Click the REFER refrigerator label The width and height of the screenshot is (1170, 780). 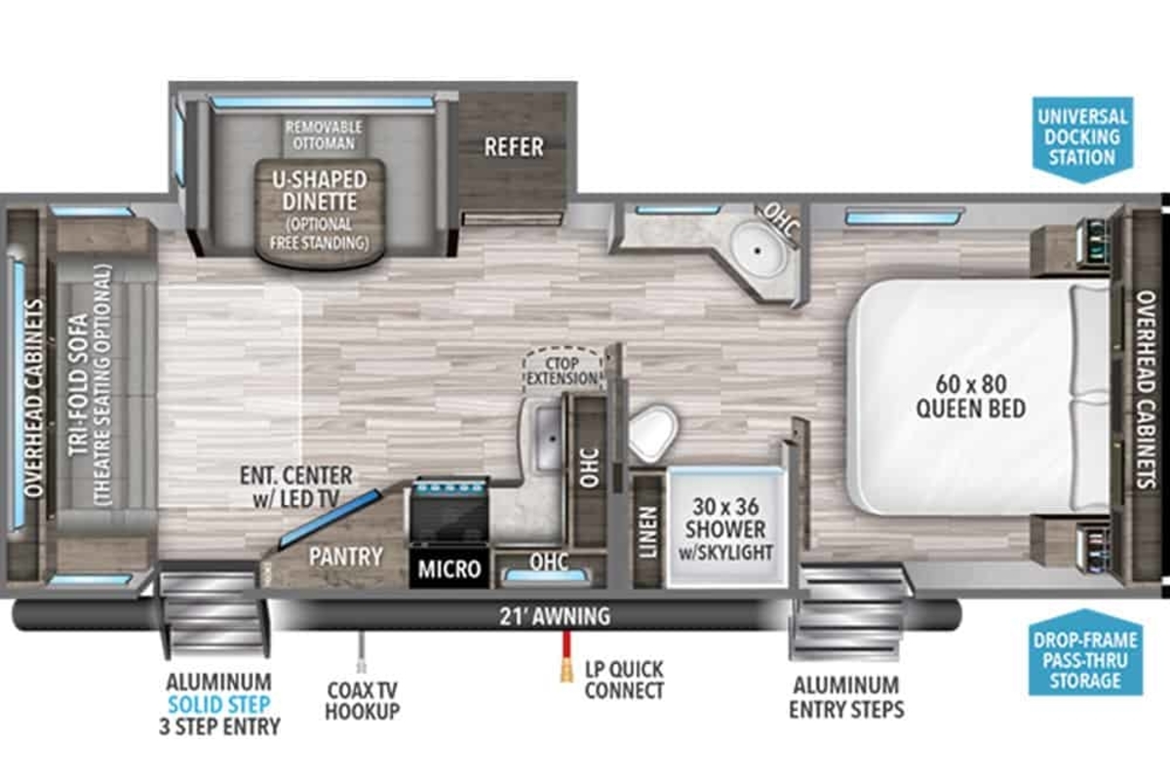[514, 147]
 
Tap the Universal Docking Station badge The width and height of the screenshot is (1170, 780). [1083, 139]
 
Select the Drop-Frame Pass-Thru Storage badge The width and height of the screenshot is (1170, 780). [1085, 653]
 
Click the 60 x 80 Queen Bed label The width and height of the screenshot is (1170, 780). [971, 397]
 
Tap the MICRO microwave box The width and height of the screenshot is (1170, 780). [449, 568]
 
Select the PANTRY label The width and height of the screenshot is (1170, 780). [346, 557]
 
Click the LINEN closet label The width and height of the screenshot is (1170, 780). [648, 531]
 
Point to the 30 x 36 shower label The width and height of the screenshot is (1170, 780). [725, 529]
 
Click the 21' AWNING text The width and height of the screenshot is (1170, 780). [555, 616]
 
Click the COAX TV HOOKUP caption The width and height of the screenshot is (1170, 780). [362, 701]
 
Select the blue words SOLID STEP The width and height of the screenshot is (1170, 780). [218, 705]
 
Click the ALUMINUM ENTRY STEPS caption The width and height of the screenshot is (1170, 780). [846, 697]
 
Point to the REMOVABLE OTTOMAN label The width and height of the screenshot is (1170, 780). [324, 136]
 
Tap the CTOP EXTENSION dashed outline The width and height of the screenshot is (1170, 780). [562, 370]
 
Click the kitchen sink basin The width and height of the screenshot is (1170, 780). [548, 439]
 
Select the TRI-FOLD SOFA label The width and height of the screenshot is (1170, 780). [79, 385]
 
